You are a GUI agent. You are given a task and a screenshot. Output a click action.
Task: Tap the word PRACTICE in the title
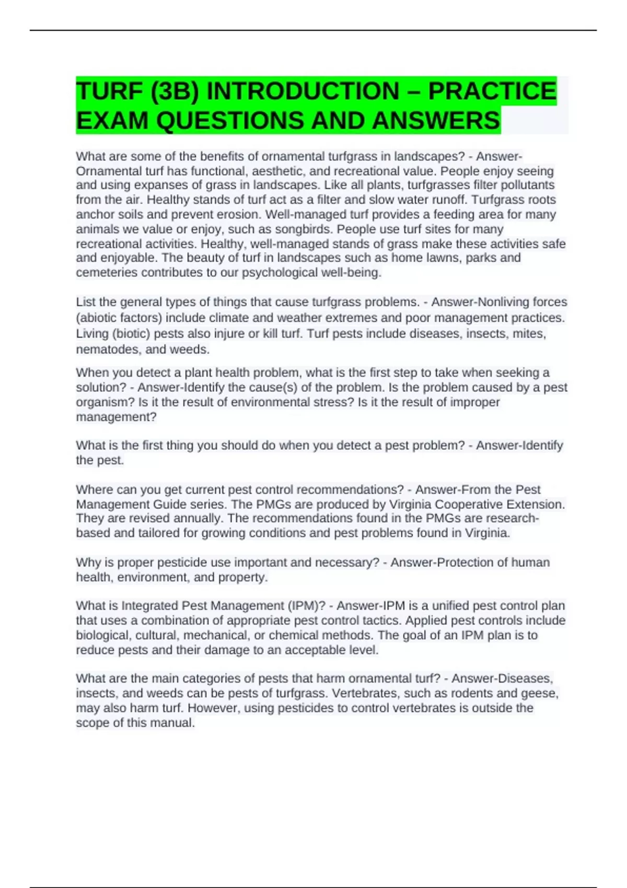click(492, 91)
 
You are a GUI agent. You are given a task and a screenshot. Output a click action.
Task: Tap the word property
click(243, 577)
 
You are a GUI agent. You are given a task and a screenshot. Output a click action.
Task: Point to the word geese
click(542, 693)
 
